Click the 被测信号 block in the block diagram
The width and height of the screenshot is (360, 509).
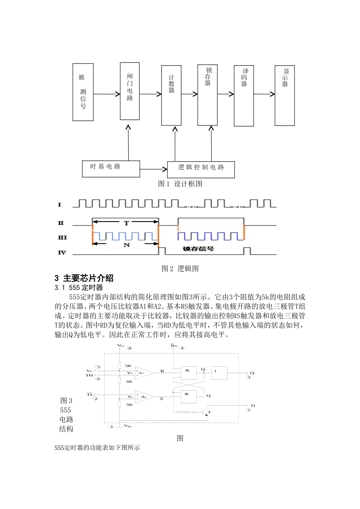(83, 92)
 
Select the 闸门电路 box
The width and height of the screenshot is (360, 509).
(130, 91)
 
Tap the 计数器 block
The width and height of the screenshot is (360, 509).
(171, 95)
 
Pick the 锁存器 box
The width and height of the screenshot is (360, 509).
(207, 95)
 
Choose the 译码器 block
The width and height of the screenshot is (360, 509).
(244, 95)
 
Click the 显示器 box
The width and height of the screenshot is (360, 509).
(285, 95)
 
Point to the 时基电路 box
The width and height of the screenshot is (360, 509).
(111, 169)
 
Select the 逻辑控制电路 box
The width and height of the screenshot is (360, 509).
(201, 169)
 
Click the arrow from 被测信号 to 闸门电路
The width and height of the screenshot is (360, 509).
(107, 94)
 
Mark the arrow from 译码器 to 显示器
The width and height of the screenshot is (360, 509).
(264, 94)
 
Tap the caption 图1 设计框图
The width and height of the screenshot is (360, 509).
(180, 184)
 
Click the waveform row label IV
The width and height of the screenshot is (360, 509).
(61, 253)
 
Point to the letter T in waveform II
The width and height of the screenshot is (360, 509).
(126, 223)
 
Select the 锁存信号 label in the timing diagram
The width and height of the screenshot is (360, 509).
(198, 249)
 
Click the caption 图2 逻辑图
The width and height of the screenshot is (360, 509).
(180, 269)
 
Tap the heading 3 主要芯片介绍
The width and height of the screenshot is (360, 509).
(84, 278)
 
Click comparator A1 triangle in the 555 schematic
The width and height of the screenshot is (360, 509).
(143, 373)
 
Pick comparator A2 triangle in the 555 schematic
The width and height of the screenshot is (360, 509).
(143, 397)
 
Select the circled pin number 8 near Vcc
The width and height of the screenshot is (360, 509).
(130, 348)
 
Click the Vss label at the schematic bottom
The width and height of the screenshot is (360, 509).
(128, 426)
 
